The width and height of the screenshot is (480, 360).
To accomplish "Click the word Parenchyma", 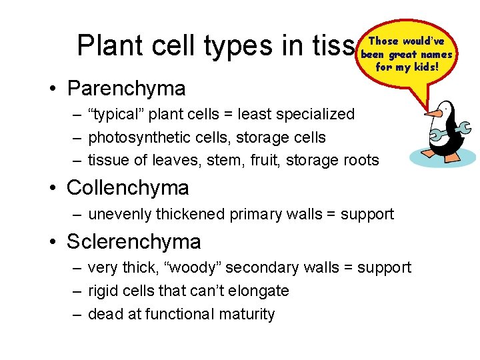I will coord(127,88).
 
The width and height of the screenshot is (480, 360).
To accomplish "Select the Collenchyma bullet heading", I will coord(128,188).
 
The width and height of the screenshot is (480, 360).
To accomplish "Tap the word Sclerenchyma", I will coord(134,241).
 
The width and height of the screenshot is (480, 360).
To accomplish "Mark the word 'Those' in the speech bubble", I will coord(385,41).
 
